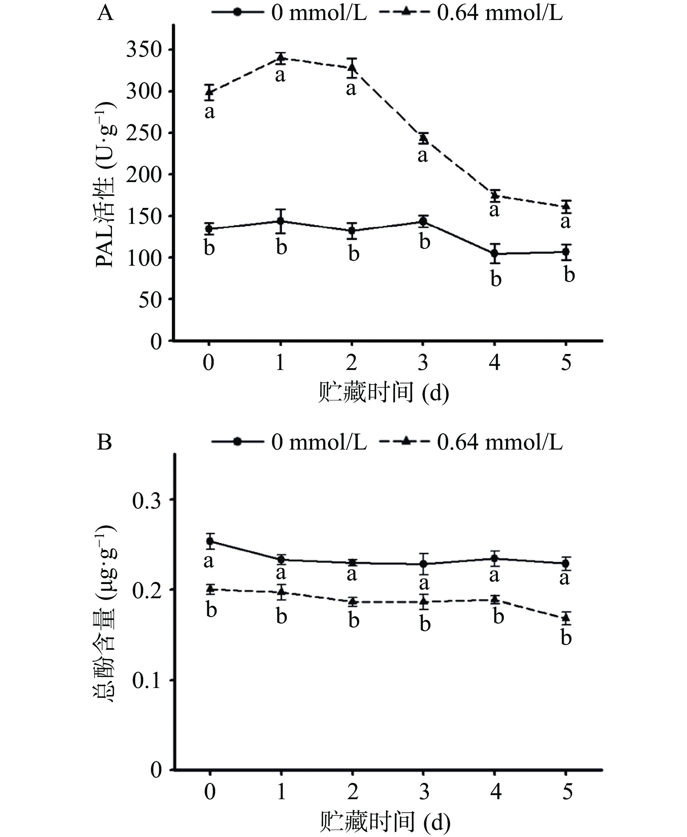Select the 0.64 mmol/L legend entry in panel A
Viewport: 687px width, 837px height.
coord(471,13)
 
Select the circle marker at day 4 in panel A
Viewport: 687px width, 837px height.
coord(495,253)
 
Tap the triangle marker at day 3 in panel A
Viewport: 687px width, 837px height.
coord(423,138)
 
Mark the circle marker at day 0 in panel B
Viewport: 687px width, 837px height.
coord(210,542)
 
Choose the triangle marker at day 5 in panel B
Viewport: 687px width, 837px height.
coord(566,617)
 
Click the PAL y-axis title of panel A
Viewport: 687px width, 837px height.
coord(106,184)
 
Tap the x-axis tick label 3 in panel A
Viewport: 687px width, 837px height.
coord(423,362)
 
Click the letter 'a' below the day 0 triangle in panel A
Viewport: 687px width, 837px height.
coord(210,112)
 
